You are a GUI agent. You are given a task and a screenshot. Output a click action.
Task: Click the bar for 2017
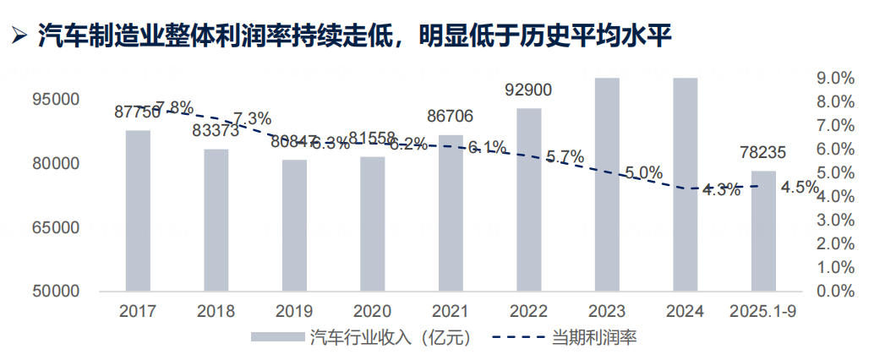tap(138, 210)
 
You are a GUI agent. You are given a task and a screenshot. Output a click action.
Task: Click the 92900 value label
tap(528, 90)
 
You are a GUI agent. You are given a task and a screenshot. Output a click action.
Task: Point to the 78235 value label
tap(763, 153)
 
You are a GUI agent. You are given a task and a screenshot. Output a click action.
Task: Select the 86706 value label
tap(451, 116)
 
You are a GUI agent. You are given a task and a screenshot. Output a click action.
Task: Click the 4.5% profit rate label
tap(800, 188)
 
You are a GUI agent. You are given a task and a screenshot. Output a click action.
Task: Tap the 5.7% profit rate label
tap(565, 156)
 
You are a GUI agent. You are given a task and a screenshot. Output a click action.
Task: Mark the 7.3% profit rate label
tap(252, 117)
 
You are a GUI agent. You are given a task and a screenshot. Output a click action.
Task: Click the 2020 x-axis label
tap(372, 312)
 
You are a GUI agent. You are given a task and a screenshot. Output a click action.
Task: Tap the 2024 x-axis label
tap(685, 312)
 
